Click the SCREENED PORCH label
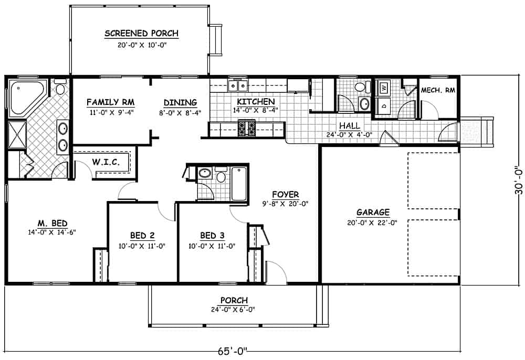coord(141,34)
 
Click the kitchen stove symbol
coord(246,128)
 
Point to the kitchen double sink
coord(238,86)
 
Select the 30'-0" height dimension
coord(519,181)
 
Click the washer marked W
coord(383,88)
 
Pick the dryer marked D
coord(383,104)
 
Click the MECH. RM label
coord(438,90)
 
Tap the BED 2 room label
coord(142,236)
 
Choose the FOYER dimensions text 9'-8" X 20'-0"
coord(285,204)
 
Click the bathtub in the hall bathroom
coord(239,183)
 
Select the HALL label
coord(349,125)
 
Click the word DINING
coord(180,102)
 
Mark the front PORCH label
coord(234,300)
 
